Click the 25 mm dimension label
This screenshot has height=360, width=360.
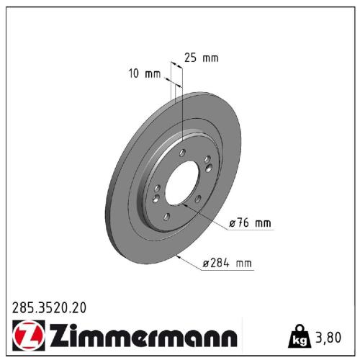[201, 58]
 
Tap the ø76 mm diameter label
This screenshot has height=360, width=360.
[251, 223]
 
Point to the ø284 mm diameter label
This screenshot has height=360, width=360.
[228, 264]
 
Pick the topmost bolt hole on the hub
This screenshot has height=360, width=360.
[184, 152]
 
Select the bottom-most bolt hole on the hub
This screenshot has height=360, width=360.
[167, 217]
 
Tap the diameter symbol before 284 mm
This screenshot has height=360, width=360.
[205, 265]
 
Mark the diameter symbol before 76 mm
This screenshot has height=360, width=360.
[233, 224]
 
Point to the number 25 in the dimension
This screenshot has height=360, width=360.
[191, 58]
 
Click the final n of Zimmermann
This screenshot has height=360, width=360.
[228, 338]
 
